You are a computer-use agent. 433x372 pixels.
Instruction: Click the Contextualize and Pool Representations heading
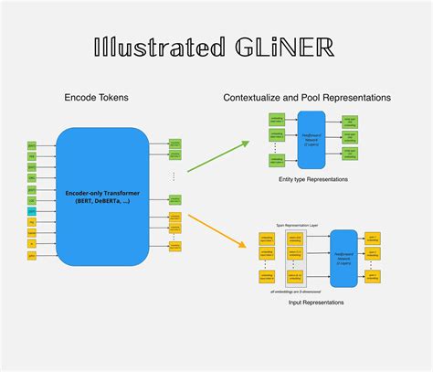coord(309,96)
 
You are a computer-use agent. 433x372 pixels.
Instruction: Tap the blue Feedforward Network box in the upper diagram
coord(311,139)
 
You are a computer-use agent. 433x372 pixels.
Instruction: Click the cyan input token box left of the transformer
coord(32,211)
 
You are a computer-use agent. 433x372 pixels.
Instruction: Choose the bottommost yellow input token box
coord(32,257)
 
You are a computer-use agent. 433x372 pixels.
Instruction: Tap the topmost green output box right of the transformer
coord(174,143)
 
